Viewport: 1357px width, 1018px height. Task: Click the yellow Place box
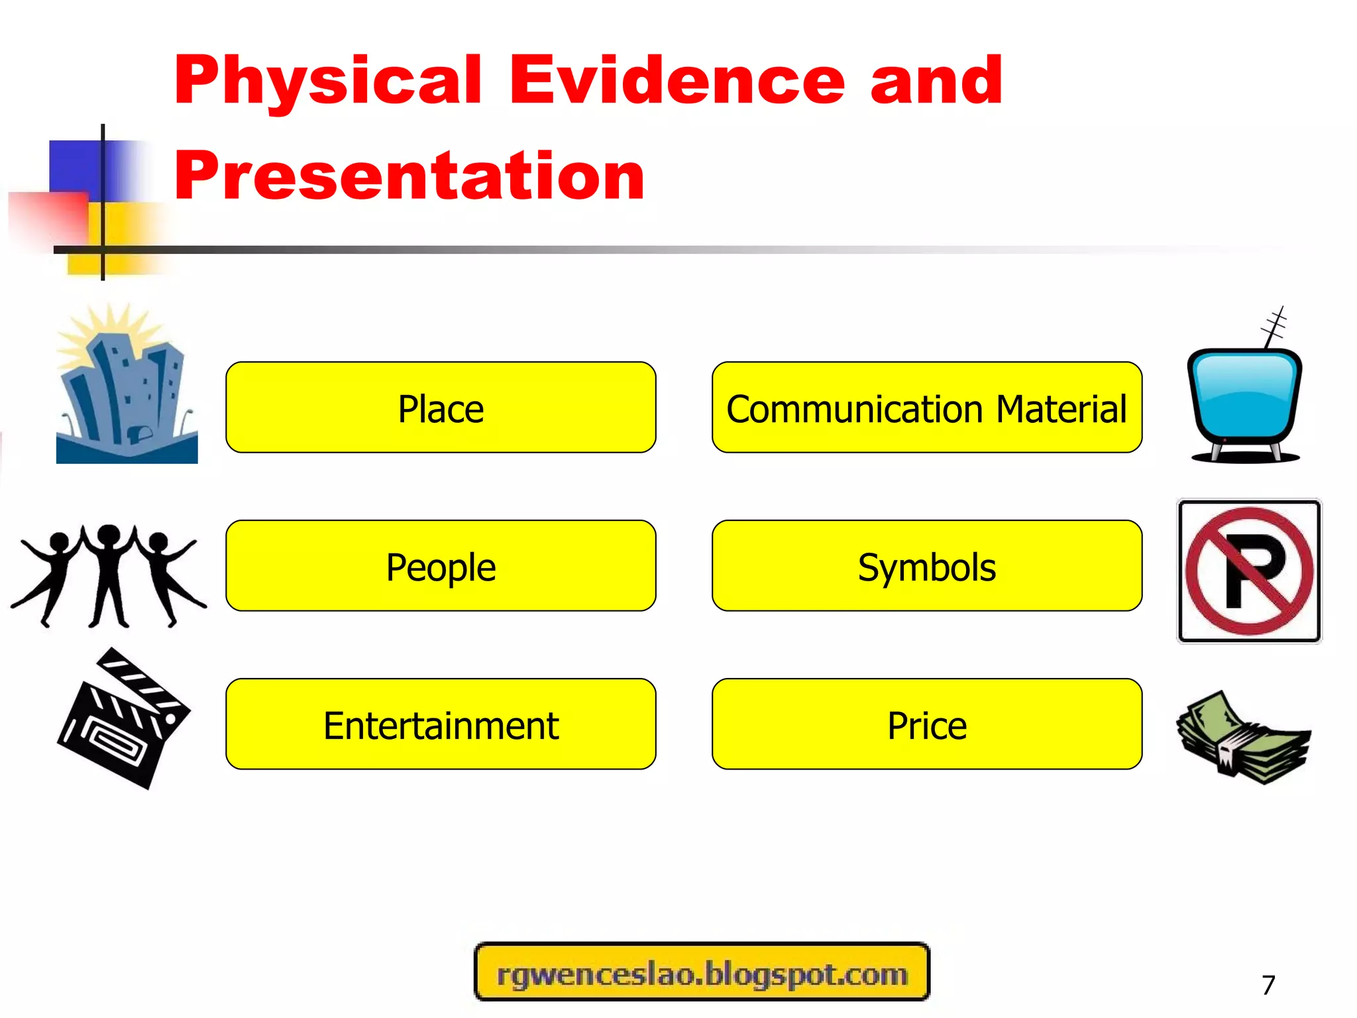[441, 407]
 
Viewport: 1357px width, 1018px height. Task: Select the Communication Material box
[926, 407]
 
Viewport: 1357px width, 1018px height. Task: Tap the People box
[441, 565]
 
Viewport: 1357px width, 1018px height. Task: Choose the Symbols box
[926, 565]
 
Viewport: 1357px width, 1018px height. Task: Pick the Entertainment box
[441, 724]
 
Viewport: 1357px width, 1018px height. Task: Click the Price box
[926, 724]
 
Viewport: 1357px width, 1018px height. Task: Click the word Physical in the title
[328, 81]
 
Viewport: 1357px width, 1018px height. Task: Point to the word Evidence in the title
[677, 81]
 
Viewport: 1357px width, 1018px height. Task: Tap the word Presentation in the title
[409, 176]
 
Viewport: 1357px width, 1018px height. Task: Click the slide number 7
[1268, 985]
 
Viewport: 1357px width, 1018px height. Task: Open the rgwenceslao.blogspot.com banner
[702, 972]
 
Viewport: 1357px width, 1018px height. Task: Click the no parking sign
[1249, 571]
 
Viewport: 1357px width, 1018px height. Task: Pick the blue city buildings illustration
[126, 391]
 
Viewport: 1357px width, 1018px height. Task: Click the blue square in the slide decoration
[74, 166]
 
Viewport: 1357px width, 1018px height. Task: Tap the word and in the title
[936, 81]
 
